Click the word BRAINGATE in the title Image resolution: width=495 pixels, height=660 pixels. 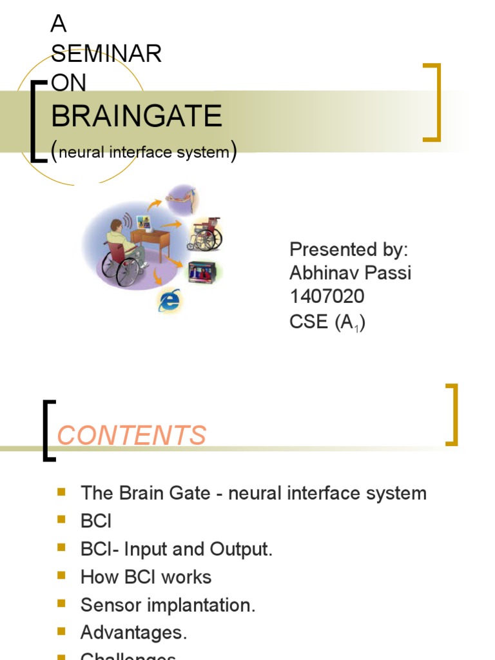click(136, 117)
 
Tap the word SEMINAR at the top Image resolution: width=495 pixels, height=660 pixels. click(106, 54)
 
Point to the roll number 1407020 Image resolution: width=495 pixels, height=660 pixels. click(327, 296)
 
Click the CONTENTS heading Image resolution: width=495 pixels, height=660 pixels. click(131, 435)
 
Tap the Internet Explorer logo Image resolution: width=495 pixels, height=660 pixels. click(170, 300)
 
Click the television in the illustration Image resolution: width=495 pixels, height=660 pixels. click(200, 271)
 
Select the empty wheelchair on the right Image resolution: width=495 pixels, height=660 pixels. click(205, 235)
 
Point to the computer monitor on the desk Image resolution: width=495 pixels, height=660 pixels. click(143, 223)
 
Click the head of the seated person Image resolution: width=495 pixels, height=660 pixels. click(116, 226)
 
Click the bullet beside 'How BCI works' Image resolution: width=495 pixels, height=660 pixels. click(62, 576)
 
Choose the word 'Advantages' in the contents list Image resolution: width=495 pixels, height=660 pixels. click(132, 633)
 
